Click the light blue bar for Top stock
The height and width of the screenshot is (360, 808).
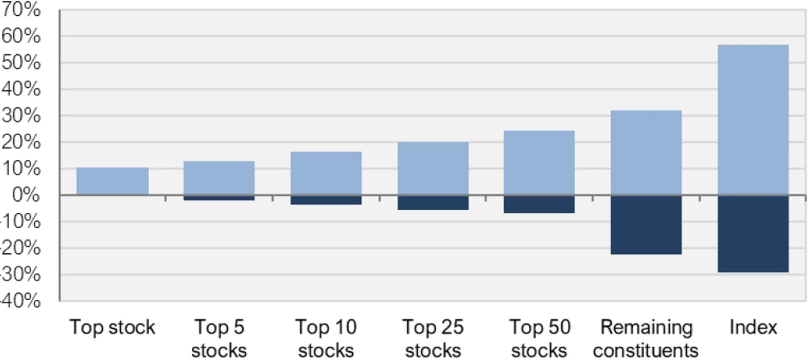pos(112,181)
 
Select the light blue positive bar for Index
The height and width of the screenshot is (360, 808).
pos(753,120)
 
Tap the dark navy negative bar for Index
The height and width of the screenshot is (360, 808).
pos(753,234)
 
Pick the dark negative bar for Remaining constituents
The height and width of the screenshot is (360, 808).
pos(646,225)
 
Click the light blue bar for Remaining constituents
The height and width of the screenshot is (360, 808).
pos(646,153)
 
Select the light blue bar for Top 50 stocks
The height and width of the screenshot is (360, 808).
pos(539,163)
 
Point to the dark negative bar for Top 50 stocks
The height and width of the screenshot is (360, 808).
pos(539,205)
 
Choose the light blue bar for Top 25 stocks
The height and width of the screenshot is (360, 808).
pos(433,169)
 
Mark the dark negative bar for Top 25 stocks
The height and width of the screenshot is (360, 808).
pos(433,203)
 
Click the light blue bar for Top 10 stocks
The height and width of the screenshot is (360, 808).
pos(326,174)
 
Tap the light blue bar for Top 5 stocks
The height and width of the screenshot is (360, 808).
pos(219,178)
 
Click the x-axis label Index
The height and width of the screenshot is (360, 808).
pos(753,328)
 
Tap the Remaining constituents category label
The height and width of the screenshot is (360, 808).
pos(646,339)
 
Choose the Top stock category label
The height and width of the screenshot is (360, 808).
pos(112,328)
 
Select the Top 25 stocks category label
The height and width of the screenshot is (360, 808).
pos(433,339)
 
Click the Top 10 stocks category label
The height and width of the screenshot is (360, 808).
pos(326,339)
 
